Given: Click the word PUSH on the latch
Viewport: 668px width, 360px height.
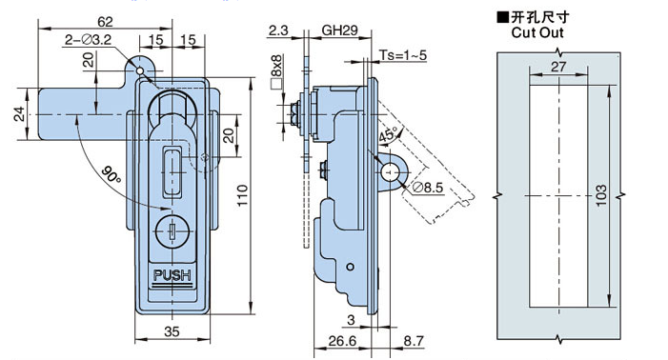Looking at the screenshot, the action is [172, 275].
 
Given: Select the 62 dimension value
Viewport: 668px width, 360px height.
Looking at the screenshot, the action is [105, 21].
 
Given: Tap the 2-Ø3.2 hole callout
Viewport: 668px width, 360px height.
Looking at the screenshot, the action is [88, 40].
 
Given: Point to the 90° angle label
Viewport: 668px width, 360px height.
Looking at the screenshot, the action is [111, 174].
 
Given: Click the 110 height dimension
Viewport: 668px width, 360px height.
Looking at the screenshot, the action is [242, 195].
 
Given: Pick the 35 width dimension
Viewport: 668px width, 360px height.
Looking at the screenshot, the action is [172, 331].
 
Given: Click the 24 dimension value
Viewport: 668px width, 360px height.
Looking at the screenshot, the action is [20, 114].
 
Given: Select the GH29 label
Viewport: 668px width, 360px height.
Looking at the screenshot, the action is [339, 30].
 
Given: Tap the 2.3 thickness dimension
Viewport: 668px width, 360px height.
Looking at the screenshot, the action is [278, 30].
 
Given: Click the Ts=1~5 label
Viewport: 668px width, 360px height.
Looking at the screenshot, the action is [402, 55].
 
